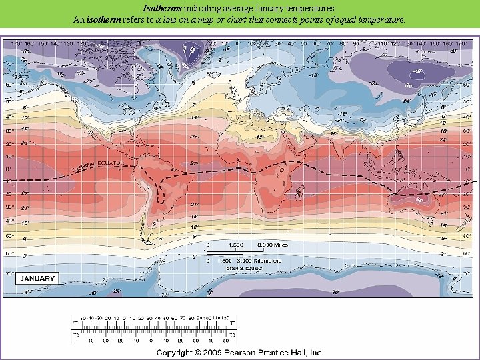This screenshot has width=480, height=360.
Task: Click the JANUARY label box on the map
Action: (x=38, y=278)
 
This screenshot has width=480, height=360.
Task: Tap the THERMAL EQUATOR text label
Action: (x=98, y=167)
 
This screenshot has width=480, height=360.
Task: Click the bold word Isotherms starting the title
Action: (x=164, y=9)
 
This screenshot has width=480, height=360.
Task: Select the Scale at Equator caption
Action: (x=242, y=268)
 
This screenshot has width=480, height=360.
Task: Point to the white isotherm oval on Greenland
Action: (x=195, y=49)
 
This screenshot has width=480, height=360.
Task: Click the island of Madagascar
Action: (x=300, y=192)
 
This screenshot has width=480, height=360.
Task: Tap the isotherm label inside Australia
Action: (x=418, y=198)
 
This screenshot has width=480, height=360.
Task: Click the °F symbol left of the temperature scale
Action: (x=75, y=323)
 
